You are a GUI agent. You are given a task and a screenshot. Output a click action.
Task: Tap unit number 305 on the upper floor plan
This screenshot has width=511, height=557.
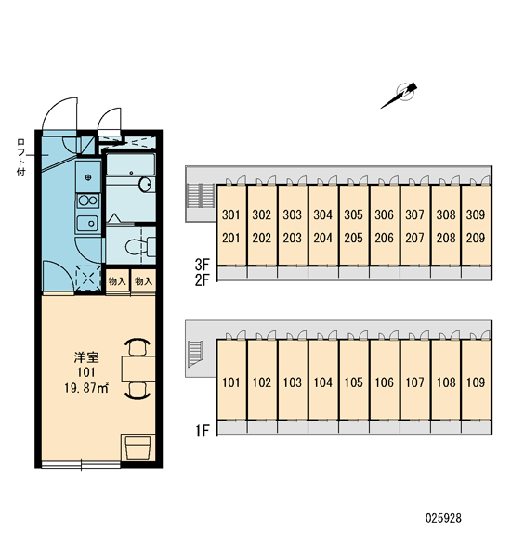353,214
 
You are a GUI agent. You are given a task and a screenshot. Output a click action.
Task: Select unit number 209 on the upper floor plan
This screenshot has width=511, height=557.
476,238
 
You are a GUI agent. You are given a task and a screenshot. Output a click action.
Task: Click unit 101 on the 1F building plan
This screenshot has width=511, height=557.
231,382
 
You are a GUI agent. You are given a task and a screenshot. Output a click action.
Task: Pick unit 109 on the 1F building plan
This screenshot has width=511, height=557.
476,382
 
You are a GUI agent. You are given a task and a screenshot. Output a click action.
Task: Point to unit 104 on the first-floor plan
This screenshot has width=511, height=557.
323,382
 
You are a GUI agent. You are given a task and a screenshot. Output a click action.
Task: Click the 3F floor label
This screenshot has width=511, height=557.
202,265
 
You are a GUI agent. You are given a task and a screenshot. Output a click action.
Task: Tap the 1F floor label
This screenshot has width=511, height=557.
202,431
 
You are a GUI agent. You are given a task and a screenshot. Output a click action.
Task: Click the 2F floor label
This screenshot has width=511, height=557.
202,280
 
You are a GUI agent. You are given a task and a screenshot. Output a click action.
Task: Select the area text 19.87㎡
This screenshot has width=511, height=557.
86,388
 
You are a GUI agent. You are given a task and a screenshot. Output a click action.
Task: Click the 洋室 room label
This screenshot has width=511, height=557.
86,357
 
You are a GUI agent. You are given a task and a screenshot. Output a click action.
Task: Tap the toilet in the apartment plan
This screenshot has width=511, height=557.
140,246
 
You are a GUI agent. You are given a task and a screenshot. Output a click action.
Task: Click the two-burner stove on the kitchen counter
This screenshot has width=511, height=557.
88,201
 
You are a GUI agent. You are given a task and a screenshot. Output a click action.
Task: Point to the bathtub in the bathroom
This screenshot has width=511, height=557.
131,163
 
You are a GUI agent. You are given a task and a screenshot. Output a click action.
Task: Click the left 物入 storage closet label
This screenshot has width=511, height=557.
117,281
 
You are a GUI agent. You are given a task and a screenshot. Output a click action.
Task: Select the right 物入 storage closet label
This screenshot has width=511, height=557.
144,281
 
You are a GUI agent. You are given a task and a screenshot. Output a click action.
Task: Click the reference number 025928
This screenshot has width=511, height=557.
443,518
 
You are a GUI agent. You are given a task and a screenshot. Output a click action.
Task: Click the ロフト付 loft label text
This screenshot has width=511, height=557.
21,158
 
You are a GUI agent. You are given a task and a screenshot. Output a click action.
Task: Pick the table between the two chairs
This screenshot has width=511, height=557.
138,369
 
